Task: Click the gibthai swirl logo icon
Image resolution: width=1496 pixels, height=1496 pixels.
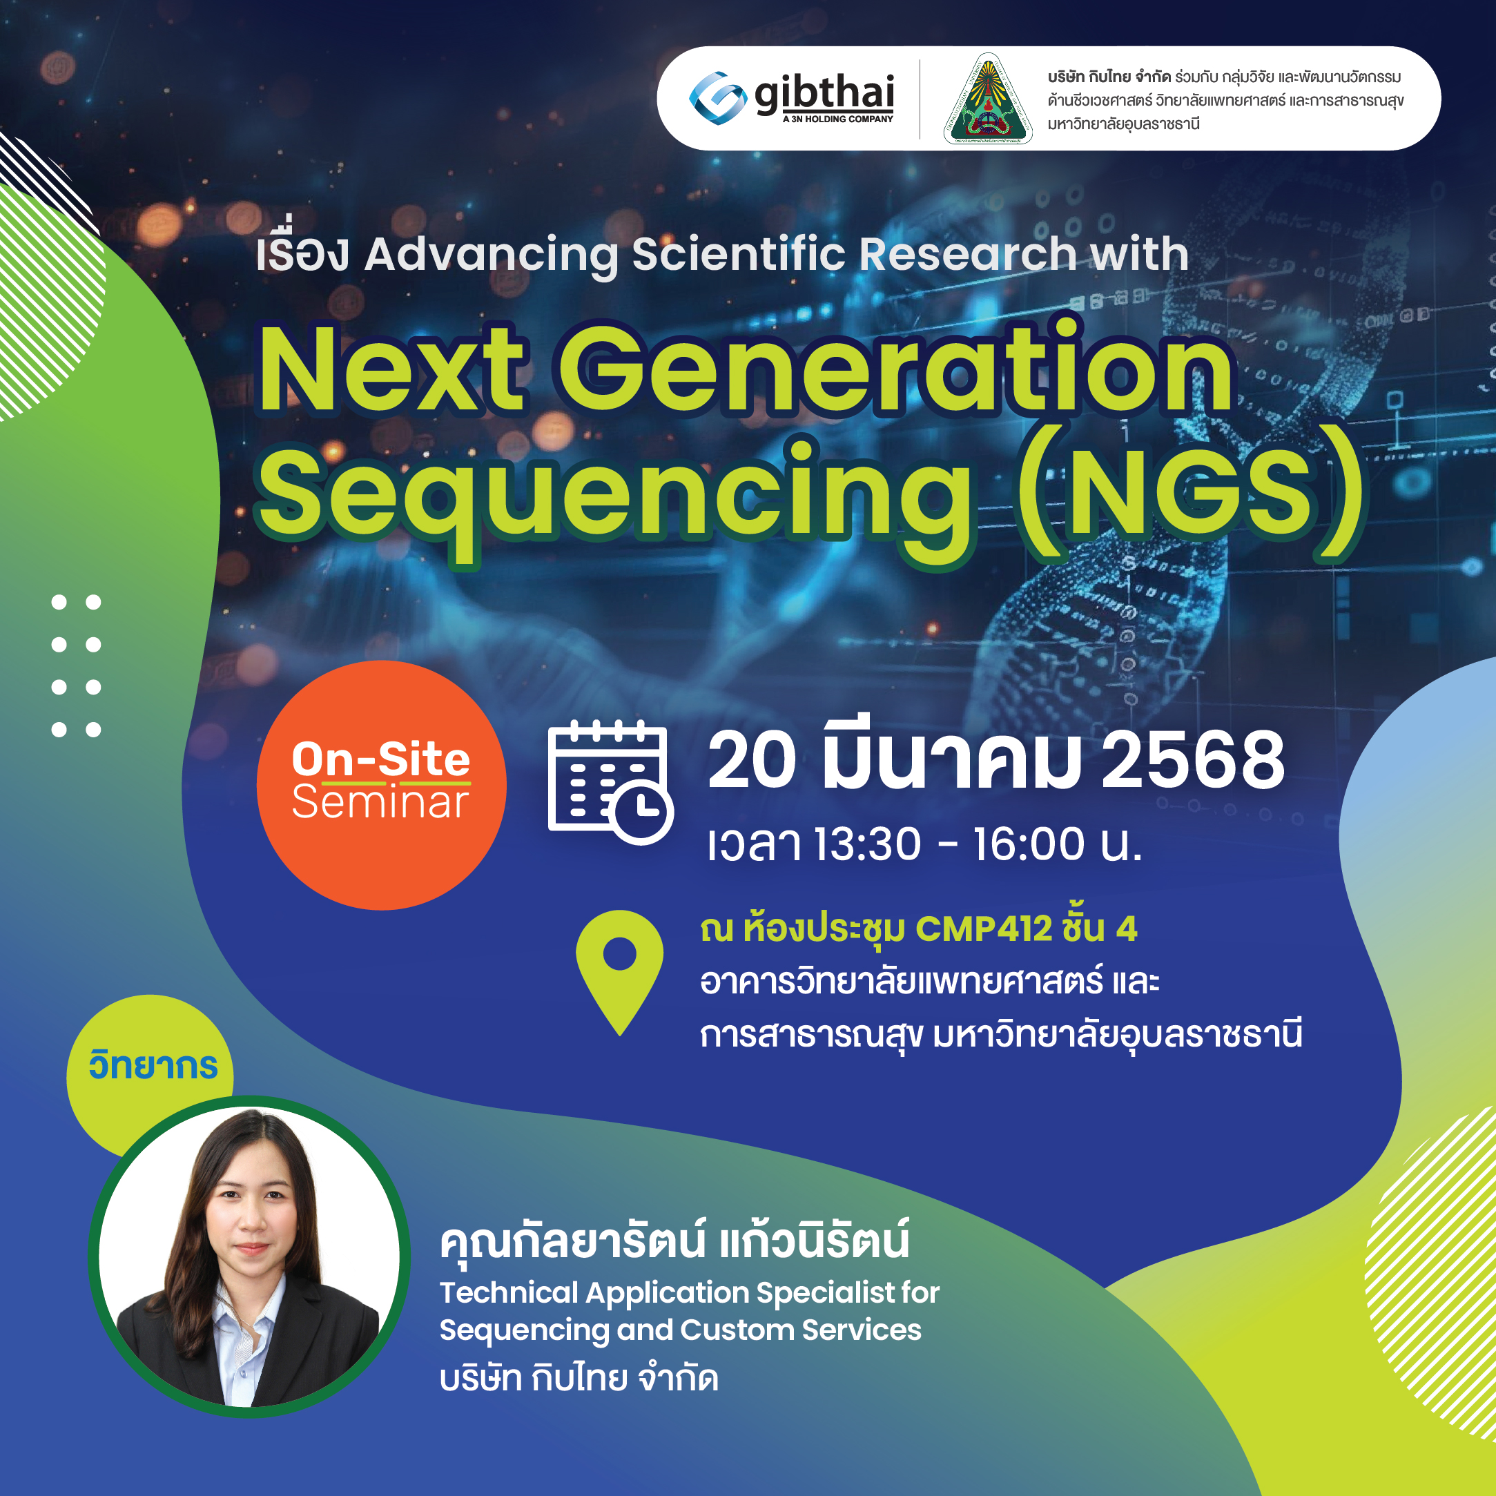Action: pyautogui.click(x=717, y=98)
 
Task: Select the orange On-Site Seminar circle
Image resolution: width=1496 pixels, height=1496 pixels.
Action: pyautogui.click(x=381, y=784)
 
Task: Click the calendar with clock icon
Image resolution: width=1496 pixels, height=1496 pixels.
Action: pyautogui.click(x=610, y=782)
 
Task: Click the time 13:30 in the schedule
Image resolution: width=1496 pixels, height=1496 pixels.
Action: pyautogui.click(x=867, y=844)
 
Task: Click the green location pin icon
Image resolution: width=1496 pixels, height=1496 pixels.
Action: pyautogui.click(x=619, y=968)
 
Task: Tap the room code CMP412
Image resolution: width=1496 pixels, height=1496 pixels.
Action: pyautogui.click(x=983, y=929)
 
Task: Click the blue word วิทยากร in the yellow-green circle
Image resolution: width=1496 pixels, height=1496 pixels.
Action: pyautogui.click(x=153, y=1065)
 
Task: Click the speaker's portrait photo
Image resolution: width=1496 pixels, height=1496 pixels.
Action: pyautogui.click(x=249, y=1256)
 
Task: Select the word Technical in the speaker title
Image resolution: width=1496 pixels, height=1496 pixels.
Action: pyautogui.click(x=509, y=1292)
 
